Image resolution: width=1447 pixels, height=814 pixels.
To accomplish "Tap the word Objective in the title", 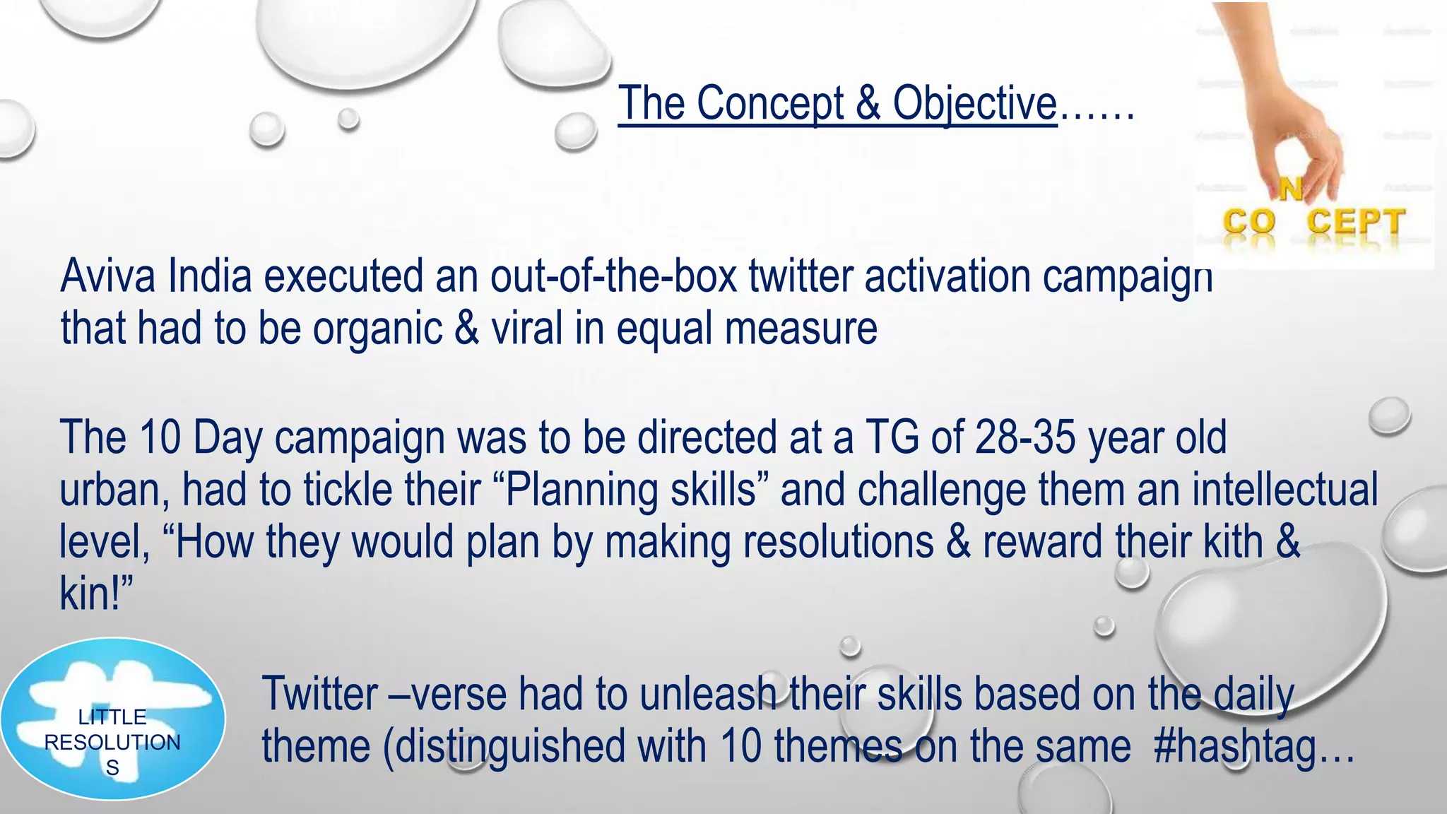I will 974,104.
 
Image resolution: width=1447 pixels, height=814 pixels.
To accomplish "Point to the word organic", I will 377,329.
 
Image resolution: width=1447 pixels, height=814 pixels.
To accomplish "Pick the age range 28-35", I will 1025,437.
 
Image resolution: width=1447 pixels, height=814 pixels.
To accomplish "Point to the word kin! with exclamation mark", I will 96,594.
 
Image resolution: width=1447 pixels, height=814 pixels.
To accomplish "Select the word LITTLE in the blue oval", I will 112,717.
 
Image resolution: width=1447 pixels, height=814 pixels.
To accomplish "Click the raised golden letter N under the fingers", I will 1290,189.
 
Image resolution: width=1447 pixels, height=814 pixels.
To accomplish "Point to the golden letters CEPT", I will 1355,222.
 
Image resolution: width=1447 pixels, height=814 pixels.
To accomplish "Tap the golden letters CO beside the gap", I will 1249,222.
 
